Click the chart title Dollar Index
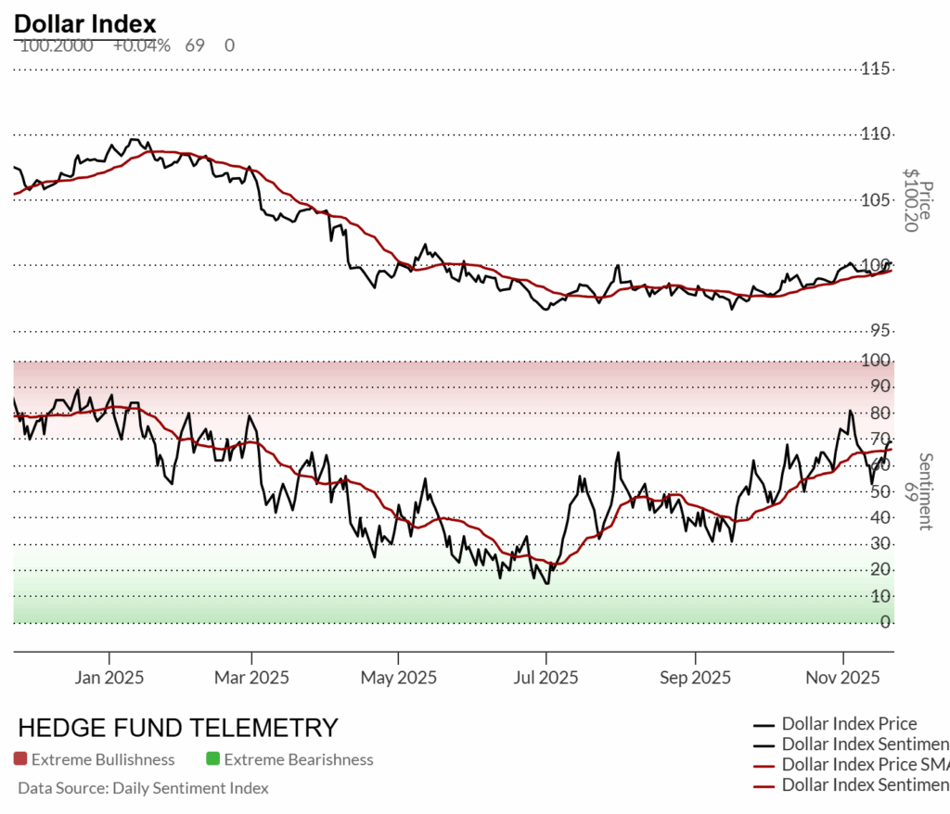85,23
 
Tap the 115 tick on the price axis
877,69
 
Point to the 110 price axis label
877,134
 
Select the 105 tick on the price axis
877,200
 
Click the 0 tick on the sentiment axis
885,622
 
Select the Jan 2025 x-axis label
109,678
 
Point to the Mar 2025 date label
251,678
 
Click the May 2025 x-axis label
399,678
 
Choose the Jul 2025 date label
546,678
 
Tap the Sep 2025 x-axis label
695,678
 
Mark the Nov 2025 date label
843,678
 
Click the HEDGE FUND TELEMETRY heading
178,728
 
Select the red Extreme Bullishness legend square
20,759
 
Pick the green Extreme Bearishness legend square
212,759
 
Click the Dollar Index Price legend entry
849,723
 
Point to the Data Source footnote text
143,788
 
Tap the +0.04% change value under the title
142,45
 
